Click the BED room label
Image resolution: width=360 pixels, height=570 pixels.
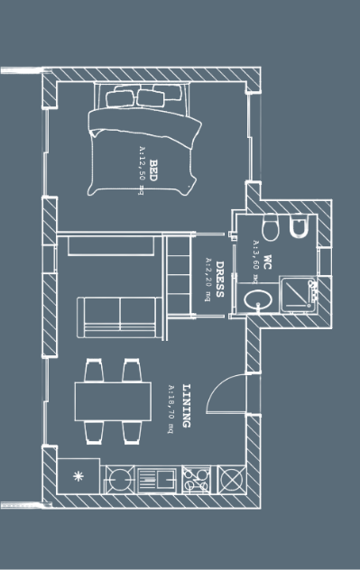[x=153, y=170]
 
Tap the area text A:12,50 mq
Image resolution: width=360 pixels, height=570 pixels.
[x=142, y=170]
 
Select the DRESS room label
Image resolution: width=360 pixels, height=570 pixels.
[x=218, y=280]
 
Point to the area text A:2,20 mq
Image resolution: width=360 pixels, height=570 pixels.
[x=208, y=279]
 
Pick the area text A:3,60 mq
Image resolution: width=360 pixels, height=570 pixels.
[x=256, y=256]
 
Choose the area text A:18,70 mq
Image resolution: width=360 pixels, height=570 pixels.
[x=170, y=409]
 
